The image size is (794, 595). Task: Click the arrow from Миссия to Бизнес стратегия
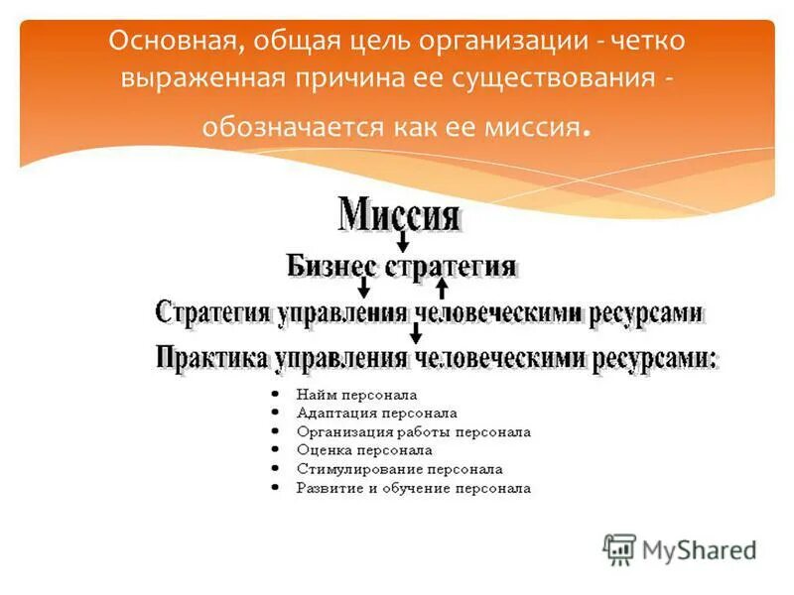pyautogui.click(x=402, y=240)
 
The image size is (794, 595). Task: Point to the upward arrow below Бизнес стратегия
pyautogui.click(x=443, y=288)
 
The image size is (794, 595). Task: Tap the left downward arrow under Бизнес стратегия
pyautogui.click(x=364, y=288)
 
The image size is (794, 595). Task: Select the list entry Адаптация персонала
pyautogui.click(x=376, y=414)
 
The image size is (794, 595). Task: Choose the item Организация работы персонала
pyautogui.click(x=413, y=432)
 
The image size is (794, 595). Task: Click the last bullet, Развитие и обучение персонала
pyautogui.click(x=413, y=488)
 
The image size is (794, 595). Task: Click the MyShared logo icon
pyautogui.click(x=619, y=549)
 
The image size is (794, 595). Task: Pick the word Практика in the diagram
pyautogui.click(x=211, y=358)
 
